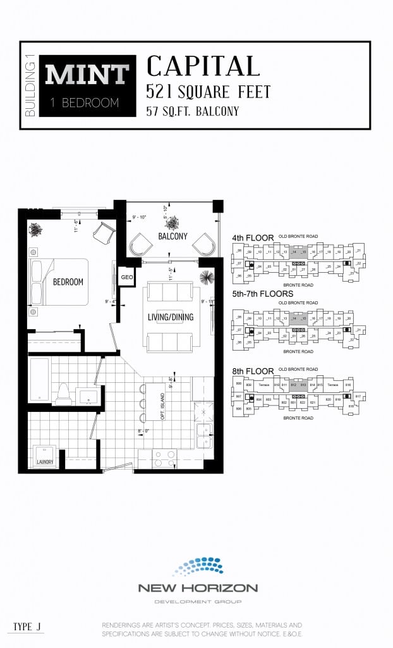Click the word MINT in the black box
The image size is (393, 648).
(87, 75)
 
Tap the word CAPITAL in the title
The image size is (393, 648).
(203, 66)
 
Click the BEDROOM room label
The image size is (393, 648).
(68, 282)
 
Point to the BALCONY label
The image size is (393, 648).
(172, 236)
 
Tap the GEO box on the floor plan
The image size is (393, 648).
(126, 277)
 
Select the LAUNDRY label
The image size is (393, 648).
(45, 462)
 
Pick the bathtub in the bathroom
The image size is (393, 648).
(39, 380)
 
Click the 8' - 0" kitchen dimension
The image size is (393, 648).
(143, 432)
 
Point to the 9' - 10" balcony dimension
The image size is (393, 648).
(140, 218)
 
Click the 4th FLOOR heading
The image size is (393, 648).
(253, 238)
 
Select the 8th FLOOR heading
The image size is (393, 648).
(253, 371)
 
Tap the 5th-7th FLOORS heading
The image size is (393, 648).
(263, 294)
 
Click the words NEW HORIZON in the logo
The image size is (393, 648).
(198, 588)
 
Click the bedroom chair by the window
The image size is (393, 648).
(103, 233)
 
